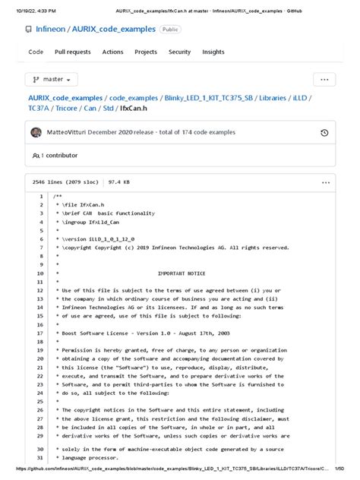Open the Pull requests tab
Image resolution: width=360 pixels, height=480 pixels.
(72, 52)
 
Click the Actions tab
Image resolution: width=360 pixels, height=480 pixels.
(112, 52)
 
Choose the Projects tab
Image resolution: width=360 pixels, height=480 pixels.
(146, 52)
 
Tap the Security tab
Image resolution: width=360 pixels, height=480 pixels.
(180, 52)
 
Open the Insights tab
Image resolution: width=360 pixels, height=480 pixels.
(213, 52)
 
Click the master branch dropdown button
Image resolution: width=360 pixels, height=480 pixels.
(52, 79)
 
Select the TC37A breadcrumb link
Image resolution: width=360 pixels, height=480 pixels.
(43, 109)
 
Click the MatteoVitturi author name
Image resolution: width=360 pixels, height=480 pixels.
(69, 132)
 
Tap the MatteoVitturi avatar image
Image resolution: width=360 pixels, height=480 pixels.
(36, 132)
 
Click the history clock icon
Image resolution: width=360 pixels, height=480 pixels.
(324, 133)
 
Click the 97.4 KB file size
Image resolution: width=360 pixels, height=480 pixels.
(118, 182)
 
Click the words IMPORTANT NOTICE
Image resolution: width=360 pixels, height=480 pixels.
(181, 273)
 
